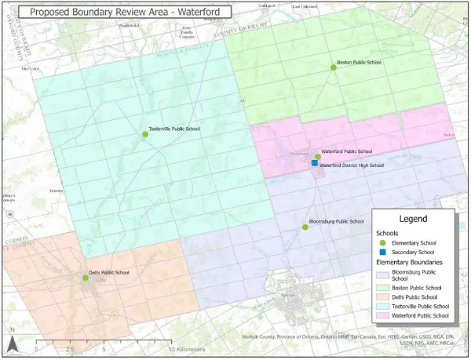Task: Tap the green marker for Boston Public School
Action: point(333,68)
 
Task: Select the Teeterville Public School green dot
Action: point(145,135)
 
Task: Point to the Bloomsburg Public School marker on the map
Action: point(305,227)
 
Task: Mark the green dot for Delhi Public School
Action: point(86,278)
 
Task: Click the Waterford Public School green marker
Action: point(318,157)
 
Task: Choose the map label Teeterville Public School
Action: point(174,128)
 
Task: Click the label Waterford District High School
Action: point(352,165)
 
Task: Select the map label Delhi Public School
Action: point(115,272)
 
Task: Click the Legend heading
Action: point(413,219)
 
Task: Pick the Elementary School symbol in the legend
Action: point(385,243)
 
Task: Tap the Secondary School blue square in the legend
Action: point(385,252)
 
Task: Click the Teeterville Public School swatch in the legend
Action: point(385,306)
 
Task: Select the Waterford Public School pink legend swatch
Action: point(385,315)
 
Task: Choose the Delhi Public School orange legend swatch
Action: point(385,297)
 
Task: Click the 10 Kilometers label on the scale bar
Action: point(185,349)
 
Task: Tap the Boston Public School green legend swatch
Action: point(385,289)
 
